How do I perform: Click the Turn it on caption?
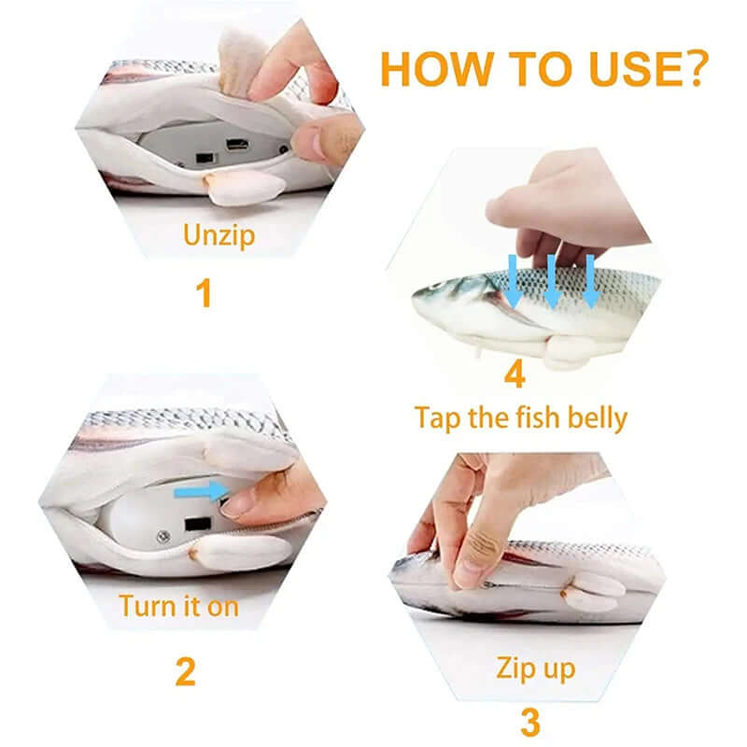tap(179, 605)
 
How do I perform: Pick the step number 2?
tap(187, 671)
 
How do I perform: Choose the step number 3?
tap(529, 722)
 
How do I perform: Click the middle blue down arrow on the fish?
tap(552, 281)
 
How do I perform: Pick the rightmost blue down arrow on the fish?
tap(590, 281)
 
